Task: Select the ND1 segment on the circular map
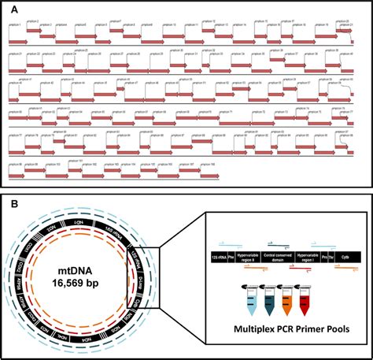80,224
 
